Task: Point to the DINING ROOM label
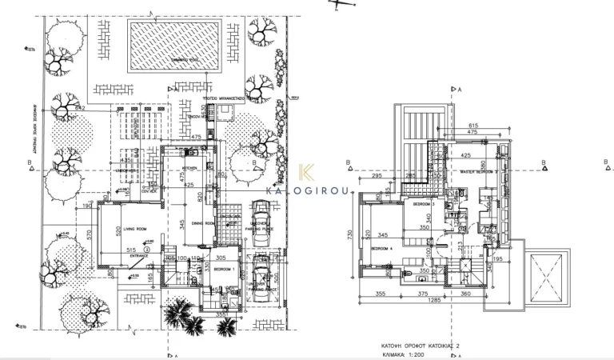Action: (203, 223)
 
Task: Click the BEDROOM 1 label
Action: (224, 270)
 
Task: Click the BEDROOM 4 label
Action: (382, 249)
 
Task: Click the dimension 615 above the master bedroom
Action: (473, 126)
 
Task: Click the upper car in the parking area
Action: (260, 220)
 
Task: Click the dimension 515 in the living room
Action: (131, 250)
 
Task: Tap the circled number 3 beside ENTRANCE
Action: (148, 250)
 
